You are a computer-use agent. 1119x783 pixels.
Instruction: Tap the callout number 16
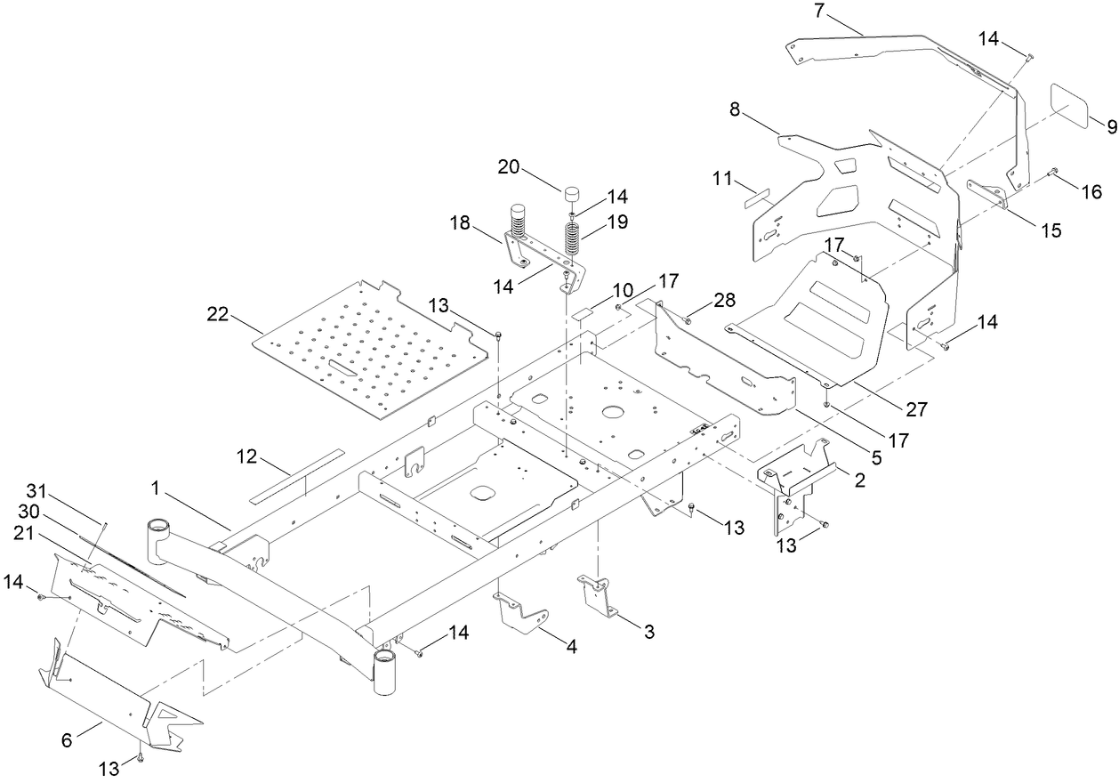click(1091, 191)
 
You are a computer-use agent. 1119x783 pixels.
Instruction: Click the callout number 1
click(155, 488)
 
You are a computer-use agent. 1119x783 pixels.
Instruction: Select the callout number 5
click(875, 459)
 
